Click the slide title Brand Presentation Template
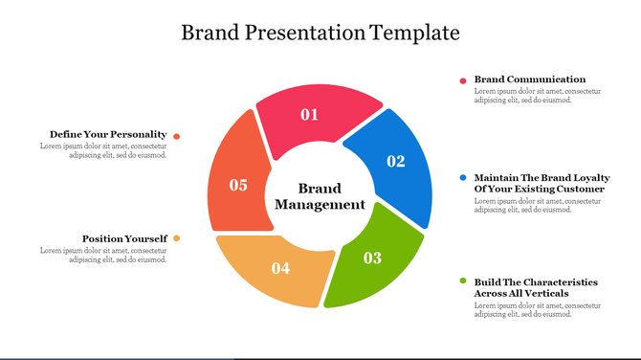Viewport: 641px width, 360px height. (320, 33)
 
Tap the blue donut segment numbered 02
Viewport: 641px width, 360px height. (392, 168)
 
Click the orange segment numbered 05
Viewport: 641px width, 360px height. (236, 182)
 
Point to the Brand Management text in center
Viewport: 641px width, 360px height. (320, 196)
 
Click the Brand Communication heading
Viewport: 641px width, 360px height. (530, 79)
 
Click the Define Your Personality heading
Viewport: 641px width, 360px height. (108, 134)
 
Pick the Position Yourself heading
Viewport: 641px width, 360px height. (124, 238)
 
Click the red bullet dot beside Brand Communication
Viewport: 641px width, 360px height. (463, 80)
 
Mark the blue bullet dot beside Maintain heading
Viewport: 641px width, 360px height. (463, 178)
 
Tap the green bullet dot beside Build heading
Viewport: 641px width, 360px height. (463, 281)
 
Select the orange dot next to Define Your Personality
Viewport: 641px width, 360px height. (177, 136)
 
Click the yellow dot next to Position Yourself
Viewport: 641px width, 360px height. (177, 238)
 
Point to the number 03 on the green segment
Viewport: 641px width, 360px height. (372, 258)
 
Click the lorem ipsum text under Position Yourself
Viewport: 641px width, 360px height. (104, 255)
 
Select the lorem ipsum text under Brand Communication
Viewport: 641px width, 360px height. (537, 96)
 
